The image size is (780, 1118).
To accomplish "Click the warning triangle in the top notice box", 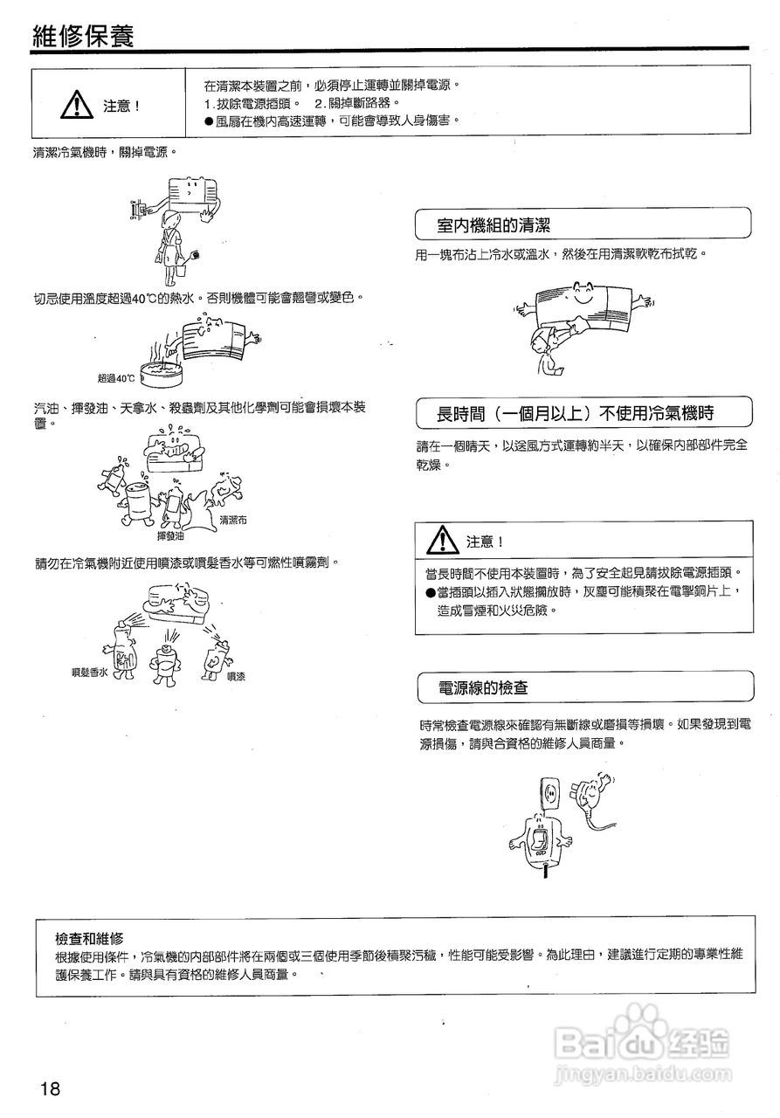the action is pos(78,105).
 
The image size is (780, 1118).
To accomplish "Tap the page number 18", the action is pos(49,1088).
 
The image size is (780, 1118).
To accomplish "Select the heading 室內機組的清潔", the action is pos(494,226).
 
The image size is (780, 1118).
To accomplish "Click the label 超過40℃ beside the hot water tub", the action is pos(116,378).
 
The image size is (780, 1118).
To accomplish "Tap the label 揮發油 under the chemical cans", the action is pos(170,535).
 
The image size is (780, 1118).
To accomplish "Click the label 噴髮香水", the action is pos(89,673).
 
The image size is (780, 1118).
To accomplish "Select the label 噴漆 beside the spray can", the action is pos(236,676).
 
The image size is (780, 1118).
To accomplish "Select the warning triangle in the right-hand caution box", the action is pos(443,540).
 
